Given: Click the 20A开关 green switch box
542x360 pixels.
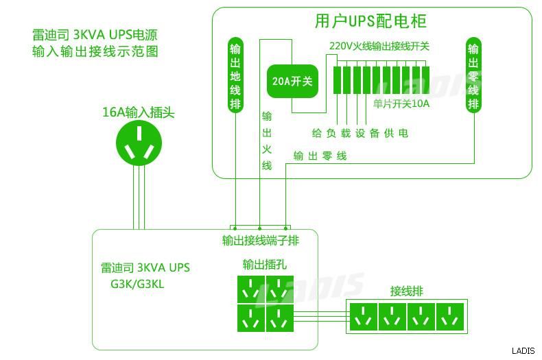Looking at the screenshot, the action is (x=292, y=81).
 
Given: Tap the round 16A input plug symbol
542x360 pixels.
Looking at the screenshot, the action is (x=139, y=143).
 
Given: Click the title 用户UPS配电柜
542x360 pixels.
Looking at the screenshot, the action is (x=371, y=21).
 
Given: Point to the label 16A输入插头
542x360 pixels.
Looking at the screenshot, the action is (x=139, y=112).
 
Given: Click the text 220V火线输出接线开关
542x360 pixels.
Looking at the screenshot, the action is (x=379, y=46).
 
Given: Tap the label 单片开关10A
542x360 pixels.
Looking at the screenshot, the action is (x=401, y=104).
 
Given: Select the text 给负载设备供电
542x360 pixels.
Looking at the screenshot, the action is (x=360, y=133).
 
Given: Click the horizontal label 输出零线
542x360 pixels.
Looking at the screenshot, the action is (x=320, y=156).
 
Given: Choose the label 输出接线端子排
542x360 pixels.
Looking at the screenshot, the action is (x=261, y=241).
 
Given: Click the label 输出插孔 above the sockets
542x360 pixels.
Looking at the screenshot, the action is (x=265, y=265).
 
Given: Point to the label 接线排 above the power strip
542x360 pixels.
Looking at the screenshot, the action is (x=406, y=291).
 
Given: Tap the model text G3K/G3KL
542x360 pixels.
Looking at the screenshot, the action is (x=137, y=284).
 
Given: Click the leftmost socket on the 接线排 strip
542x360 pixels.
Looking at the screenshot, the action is (x=364, y=317).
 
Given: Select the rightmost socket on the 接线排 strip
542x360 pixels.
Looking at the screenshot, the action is (x=449, y=317).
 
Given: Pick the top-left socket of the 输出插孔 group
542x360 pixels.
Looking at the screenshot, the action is (x=251, y=289).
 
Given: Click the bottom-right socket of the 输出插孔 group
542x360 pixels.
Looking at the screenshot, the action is (x=280, y=318).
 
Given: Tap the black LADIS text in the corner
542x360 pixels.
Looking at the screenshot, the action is (x=523, y=351).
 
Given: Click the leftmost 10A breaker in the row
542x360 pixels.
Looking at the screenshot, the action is (x=337, y=80).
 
